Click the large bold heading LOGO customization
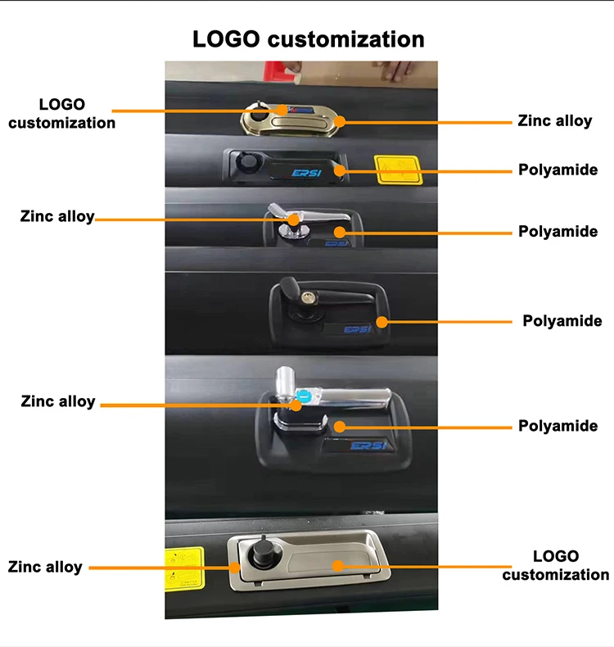[308, 38]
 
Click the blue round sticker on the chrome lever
[303, 396]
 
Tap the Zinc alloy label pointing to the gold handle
[554, 120]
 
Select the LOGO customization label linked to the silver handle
[555, 566]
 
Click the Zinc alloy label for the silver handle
[45, 567]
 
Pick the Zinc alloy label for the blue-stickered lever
[58, 401]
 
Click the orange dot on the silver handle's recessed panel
[337, 564]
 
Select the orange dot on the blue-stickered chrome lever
[293, 404]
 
